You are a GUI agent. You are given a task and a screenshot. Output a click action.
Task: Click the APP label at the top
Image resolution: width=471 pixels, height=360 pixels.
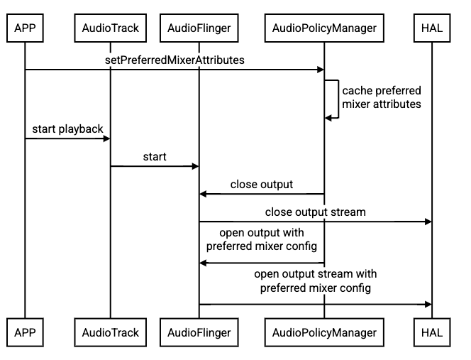(25, 28)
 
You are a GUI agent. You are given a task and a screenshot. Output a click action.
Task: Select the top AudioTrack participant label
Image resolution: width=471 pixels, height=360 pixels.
(110, 28)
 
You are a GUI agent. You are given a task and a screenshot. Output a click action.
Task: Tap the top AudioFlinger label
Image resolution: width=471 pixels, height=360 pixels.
(199, 28)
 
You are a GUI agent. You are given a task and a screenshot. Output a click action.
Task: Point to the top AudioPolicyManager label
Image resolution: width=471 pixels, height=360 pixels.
(324, 28)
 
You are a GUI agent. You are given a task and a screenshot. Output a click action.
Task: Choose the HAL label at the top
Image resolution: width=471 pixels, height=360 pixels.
(432, 28)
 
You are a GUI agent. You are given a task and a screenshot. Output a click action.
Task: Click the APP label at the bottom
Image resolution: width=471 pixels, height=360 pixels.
(25, 332)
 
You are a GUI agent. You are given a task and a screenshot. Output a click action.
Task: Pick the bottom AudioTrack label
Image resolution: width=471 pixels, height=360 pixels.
(110, 332)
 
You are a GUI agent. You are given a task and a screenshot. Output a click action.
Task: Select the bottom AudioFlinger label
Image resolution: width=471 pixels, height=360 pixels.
(199, 332)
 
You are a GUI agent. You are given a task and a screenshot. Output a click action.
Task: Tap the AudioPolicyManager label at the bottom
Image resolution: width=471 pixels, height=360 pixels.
(324, 332)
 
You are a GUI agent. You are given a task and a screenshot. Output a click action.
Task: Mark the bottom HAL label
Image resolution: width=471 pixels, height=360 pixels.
(432, 332)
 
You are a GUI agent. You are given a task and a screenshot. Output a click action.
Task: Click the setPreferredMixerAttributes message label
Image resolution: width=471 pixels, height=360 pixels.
(174, 60)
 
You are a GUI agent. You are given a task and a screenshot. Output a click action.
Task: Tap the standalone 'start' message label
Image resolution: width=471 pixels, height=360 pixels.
(155, 156)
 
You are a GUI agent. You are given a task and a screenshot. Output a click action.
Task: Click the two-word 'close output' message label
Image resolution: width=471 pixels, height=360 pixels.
(262, 185)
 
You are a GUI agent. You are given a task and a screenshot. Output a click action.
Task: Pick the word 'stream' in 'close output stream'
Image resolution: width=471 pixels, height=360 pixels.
(348, 212)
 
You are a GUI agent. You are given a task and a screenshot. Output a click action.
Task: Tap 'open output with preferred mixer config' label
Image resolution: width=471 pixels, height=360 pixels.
(262, 240)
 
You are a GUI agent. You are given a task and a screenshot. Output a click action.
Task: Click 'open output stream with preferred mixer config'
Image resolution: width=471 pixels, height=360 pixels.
(316, 281)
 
